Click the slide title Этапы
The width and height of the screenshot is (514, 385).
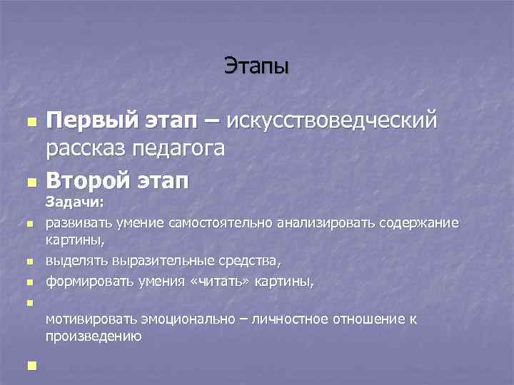pyautogui.click(x=257, y=66)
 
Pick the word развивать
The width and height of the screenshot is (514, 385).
pyautogui.click(x=76, y=224)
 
